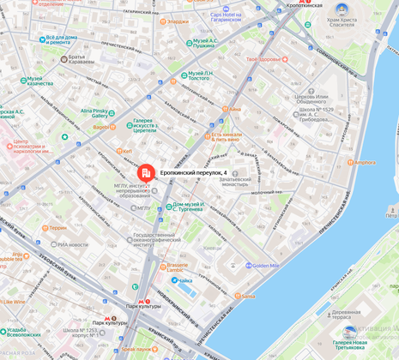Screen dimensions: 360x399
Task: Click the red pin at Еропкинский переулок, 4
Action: [147, 173]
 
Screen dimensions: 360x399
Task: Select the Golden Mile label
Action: [266, 266]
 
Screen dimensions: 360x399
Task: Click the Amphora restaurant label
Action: [364, 162]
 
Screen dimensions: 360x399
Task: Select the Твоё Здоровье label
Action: [263, 59]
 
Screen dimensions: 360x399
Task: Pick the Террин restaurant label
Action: [57, 227]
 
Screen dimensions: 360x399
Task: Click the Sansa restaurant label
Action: [247, 296]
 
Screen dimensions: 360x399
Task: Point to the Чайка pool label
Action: [184, 280]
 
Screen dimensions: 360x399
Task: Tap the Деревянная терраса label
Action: [346, 315]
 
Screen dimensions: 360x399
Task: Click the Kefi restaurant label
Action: [126, 151]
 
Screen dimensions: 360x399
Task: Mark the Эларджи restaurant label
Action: [178, 21]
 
